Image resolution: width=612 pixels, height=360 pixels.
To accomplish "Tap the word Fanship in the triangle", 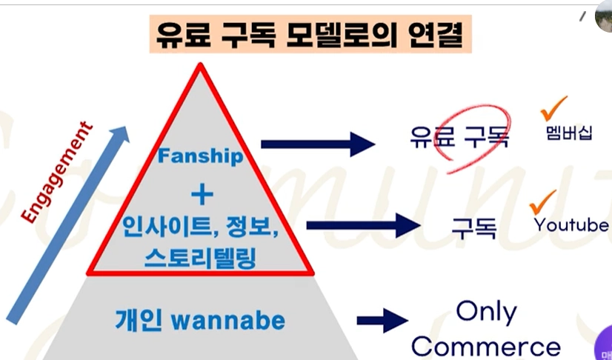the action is pos(200,157).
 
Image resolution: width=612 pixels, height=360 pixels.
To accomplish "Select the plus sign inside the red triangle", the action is pos(201,196).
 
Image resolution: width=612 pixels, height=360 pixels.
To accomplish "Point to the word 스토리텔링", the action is pos(201,256).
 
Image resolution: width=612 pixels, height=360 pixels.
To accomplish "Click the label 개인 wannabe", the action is pos(200,321).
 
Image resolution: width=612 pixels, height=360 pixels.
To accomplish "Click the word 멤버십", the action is pos(567,133).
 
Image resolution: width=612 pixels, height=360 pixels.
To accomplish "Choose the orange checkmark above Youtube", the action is pos(542,200).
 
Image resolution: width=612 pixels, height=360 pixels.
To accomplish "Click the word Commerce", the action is pos(485,347).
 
